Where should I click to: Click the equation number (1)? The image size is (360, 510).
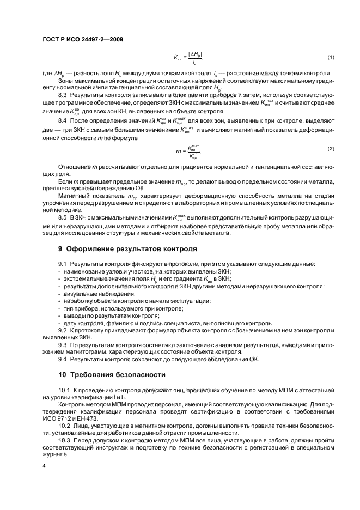click(330, 57)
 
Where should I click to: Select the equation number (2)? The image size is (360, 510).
click(330, 148)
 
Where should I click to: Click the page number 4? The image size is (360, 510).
click(44, 466)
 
